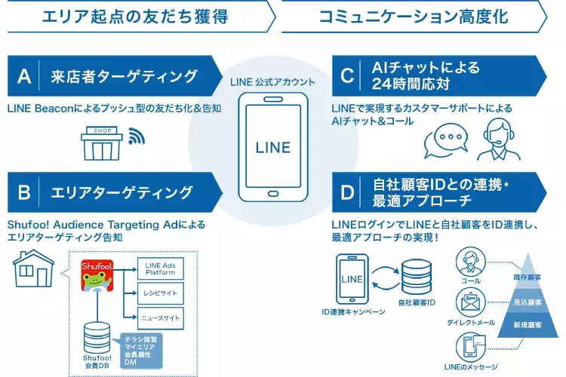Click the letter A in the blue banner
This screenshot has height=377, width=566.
pyautogui.click(x=24, y=76)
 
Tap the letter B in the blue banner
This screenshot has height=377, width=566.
pyautogui.click(x=24, y=192)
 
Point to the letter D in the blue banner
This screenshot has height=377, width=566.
pyautogui.click(x=347, y=192)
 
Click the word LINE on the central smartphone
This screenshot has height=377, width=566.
pyautogui.click(x=272, y=146)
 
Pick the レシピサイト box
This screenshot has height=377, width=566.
pyautogui.click(x=160, y=292)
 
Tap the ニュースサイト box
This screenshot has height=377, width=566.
pyautogui.click(x=160, y=317)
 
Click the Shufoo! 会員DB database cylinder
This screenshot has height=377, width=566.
pyautogui.click(x=95, y=333)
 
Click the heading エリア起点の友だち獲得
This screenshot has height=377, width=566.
pyautogui.click(x=136, y=15)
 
